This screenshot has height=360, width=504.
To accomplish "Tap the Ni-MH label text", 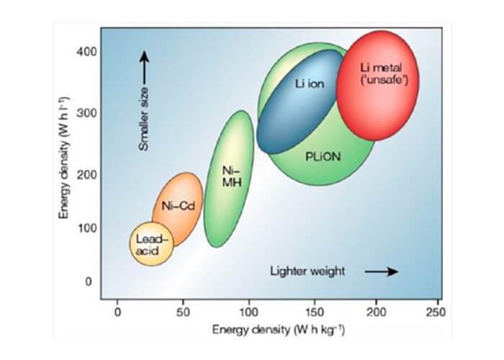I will (x=230, y=176).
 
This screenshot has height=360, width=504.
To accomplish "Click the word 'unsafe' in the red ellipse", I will (x=384, y=80).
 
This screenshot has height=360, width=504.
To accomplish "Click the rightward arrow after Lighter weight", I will (x=381, y=271).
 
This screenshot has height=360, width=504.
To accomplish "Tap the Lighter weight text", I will (x=307, y=271).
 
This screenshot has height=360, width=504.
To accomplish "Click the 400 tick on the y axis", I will (x=85, y=53).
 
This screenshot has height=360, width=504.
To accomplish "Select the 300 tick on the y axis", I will (x=85, y=113).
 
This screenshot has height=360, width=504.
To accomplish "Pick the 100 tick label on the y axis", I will (x=85, y=228).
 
